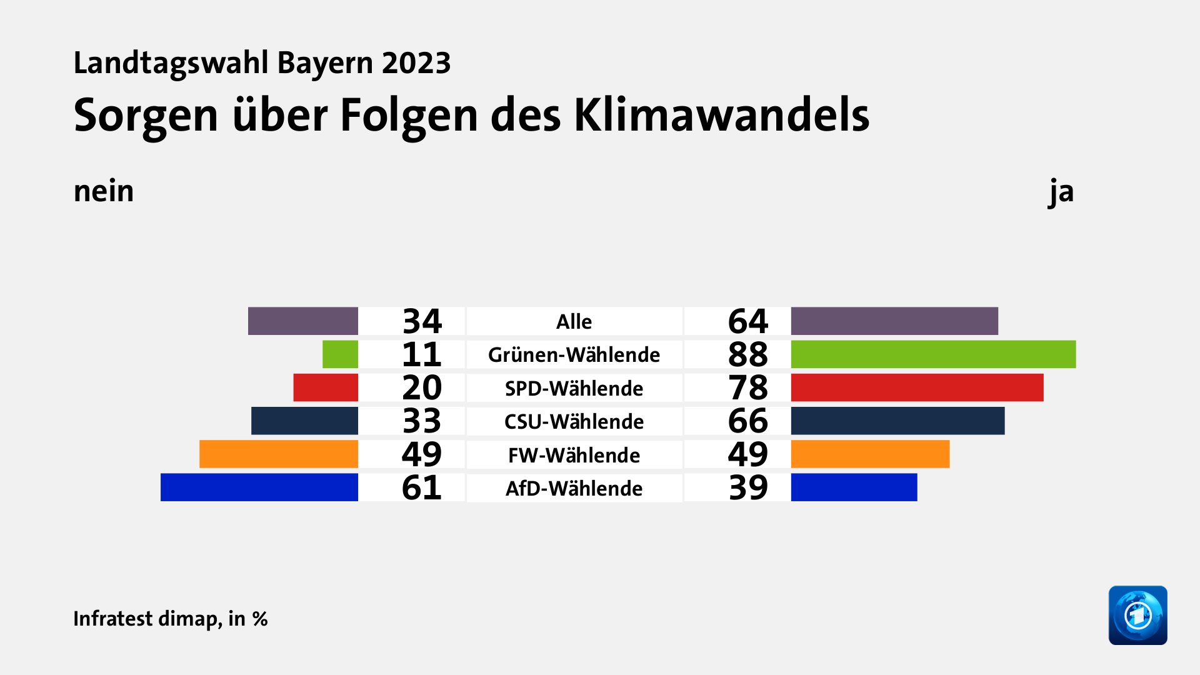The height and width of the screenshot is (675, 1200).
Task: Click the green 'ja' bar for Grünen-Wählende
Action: point(933,354)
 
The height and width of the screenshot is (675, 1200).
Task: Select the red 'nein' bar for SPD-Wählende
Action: point(326,387)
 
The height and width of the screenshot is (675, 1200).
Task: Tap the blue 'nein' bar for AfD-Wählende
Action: point(259,487)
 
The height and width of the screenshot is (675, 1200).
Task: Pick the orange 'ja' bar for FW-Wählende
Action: point(870,454)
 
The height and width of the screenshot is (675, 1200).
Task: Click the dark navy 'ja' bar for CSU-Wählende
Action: point(897,421)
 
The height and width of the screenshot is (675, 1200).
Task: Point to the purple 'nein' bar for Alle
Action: point(302,321)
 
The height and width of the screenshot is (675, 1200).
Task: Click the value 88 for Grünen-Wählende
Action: point(747,354)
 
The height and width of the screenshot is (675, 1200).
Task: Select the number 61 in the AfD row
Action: point(421,487)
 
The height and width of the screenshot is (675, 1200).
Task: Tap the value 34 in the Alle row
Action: point(422,321)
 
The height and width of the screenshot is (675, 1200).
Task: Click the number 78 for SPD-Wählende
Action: point(747,387)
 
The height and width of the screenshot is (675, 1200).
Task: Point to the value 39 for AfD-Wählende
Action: point(747,487)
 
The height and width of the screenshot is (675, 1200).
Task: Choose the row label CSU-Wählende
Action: point(574,421)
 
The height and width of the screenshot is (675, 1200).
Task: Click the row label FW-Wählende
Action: point(574,455)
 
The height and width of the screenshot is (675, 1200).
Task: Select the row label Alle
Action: point(574,322)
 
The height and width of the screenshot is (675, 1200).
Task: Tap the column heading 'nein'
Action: point(104,191)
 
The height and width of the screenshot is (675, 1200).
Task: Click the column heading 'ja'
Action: point(1061,191)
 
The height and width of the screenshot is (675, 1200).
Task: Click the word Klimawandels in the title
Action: point(721,115)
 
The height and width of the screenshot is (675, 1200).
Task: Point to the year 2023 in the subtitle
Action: point(416,63)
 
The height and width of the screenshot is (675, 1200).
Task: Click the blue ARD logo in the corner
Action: point(1137,615)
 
